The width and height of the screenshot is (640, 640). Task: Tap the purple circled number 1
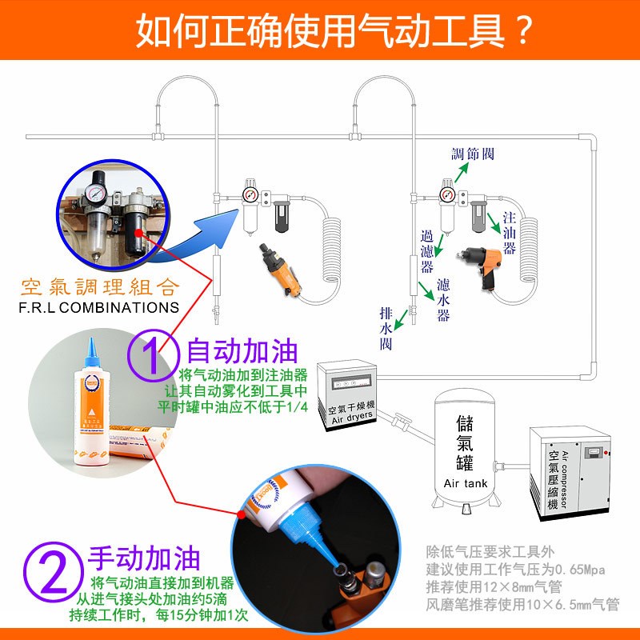[x=152, y=354]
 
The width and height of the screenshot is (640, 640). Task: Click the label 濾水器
[x=444, y=300]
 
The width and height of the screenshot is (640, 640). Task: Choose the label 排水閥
[x=386, y=328]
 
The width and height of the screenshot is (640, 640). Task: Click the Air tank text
[x=465, y=483]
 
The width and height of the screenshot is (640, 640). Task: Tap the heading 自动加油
[x=242, y=352]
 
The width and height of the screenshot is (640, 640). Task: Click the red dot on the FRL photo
[x=139, y=232]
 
